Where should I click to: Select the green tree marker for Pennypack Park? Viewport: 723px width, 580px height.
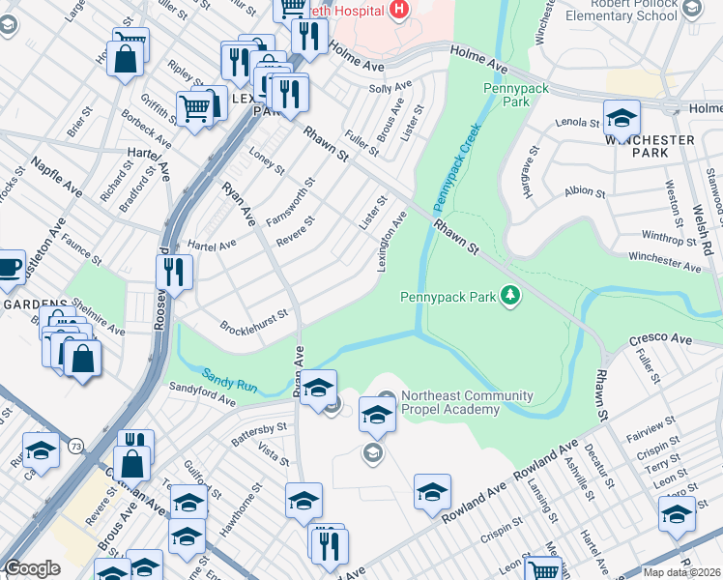pyautogui.click(x=509, y=296)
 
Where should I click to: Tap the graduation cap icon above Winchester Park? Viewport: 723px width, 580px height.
pyautogui.click(x=622, y=118)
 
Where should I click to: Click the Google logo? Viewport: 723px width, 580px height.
pyautogui.click(x=32, y=568)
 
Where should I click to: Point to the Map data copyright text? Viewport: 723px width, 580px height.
pyautogui.click(x=681, y=572)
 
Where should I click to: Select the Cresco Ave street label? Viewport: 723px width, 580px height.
pyautogui.click(x=661, y=340)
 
